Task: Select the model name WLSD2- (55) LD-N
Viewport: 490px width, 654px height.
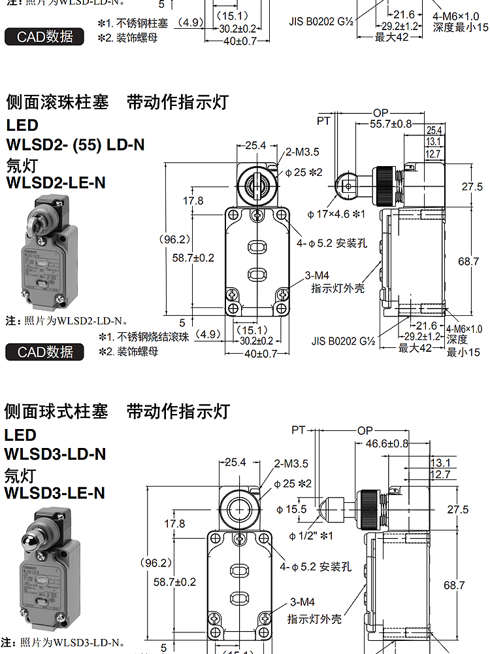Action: tap(75, 144)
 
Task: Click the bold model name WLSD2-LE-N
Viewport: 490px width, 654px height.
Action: tap(56, 182)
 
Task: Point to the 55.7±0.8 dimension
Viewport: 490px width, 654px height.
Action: tap(391, 124)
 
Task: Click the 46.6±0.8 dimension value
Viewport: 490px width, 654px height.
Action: tap(387, 443)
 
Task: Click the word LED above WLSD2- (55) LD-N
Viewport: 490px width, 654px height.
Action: tap(22, 125)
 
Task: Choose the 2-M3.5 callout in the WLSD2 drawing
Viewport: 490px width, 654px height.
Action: tap(302, 152)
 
